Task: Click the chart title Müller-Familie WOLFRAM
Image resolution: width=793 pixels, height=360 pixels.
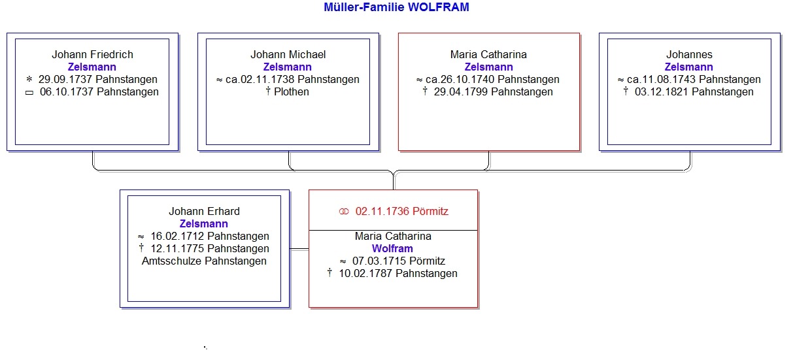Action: [396, 7]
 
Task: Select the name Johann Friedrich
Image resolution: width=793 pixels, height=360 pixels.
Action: [92, 54]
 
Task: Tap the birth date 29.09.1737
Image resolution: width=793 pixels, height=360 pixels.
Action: [66, 79]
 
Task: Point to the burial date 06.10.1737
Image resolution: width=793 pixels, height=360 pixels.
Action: [67, 91]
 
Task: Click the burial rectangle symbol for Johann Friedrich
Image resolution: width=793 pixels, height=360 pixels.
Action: [29, 93]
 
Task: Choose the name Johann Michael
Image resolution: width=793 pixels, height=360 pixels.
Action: [288, 54]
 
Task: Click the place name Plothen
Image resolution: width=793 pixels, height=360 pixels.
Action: [292, 91]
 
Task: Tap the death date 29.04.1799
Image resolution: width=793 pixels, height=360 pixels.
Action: [462, 91]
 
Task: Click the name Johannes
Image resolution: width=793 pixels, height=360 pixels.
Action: [689, 54]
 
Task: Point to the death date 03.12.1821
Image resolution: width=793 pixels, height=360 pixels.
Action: [662, 91]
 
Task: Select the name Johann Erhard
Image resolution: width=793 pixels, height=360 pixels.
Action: [204, 211]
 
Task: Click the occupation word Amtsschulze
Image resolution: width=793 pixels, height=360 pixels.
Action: [172, 261]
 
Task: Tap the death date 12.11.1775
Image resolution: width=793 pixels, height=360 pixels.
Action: [178, 248]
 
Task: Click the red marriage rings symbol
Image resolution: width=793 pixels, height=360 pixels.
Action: [344, 212]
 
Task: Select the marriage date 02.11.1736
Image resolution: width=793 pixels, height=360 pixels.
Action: [382, 211]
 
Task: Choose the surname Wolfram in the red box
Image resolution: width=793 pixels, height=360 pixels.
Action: [392, 248]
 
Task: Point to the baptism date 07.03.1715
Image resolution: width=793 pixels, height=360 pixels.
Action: [379, 261]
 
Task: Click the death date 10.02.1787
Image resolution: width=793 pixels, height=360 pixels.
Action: [365, 273]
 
